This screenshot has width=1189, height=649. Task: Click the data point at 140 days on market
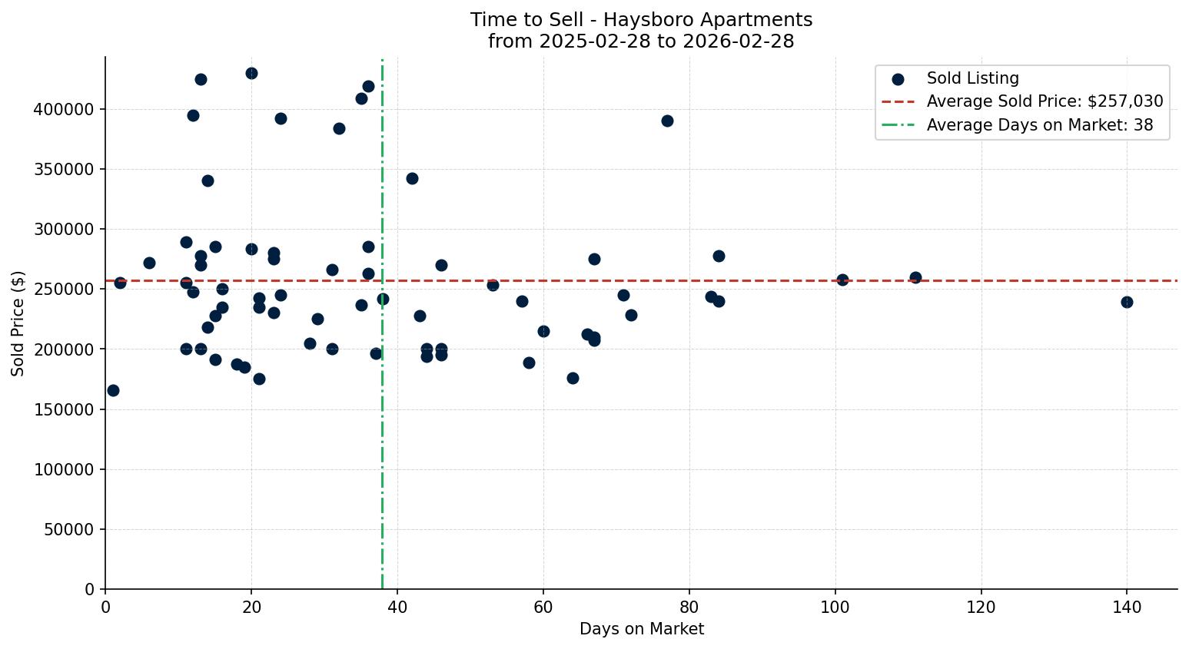tap(1127, 302)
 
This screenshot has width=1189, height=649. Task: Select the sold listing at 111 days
tap(915, 277)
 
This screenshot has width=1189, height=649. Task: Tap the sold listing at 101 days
tap(842, 280)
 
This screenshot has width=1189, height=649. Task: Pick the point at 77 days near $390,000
tap(667, 121)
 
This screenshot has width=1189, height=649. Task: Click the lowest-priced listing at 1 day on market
tap(113, 390)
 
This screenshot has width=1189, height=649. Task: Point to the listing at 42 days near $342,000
tap(412, 178)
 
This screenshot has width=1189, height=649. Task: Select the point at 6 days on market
tap(149, 263)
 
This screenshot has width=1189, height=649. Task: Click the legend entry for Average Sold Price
tap(1044, 101)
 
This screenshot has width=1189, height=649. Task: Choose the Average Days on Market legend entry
tap(1039, 125)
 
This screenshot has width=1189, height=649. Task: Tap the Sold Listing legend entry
tap(972, 78)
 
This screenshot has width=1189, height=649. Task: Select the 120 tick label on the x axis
tap(981, 607)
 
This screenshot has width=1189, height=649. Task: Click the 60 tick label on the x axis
tap(543, 607)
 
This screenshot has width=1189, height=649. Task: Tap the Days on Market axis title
tap(641, 629)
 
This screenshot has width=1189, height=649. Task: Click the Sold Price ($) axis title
tap(18, 323)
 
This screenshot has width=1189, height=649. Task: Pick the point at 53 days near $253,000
tap(493, 285)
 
